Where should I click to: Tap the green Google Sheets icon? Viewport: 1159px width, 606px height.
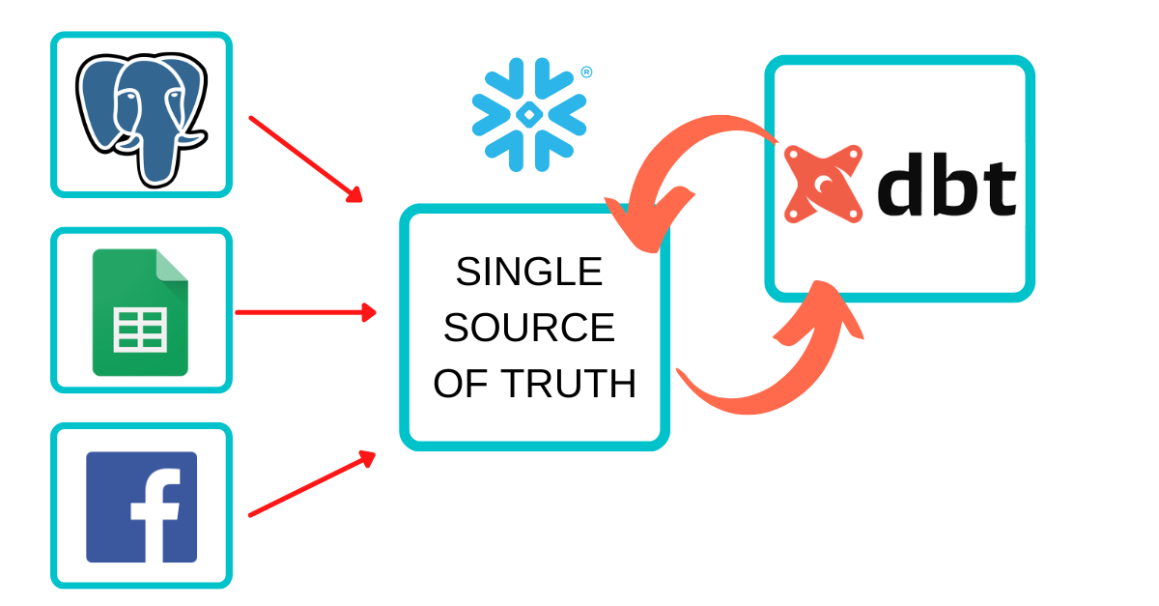point(141,312)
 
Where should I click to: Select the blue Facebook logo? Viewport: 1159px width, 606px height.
point(141,506)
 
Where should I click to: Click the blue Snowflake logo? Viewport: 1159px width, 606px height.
point(528,114)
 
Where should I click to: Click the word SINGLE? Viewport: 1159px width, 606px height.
point(528,273)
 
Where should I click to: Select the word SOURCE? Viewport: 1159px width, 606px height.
point(528,329)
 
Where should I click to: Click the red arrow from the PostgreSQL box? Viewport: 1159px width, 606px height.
point(305,159)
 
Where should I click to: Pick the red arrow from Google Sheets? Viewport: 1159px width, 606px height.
point(305,312)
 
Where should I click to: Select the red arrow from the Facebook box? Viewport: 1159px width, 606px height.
point(311,484)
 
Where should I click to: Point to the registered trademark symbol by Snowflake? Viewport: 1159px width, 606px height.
point(586,72)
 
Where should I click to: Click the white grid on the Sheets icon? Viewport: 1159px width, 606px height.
point(140,329)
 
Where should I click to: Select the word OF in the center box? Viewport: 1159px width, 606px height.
point(458,385)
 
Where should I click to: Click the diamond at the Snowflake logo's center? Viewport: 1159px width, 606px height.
point(528,115)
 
